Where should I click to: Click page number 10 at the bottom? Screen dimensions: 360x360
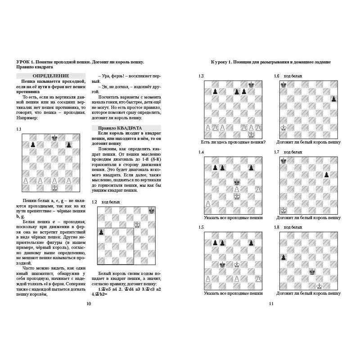pos(89,304)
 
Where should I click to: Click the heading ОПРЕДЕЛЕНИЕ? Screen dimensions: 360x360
pos(51,76)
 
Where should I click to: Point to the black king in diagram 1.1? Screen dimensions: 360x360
pos(54,137)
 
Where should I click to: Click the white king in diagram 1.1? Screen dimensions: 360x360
pos(54,188)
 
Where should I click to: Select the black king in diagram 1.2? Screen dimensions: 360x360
pos(152,210)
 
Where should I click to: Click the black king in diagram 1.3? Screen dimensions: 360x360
pos(251,84)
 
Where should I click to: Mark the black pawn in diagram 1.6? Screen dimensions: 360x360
pos(333,99)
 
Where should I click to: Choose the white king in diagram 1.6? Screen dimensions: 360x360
pos(283,128)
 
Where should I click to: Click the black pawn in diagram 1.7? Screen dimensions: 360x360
pos(326,174)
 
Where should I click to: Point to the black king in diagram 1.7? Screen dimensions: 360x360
pos(283,160)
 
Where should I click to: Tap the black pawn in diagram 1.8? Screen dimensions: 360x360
pos(283,257)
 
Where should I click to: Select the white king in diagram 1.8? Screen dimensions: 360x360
pos(319,286)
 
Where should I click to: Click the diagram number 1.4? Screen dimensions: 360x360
pos(201,152)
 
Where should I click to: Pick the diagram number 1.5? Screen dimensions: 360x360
pos(201,227)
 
